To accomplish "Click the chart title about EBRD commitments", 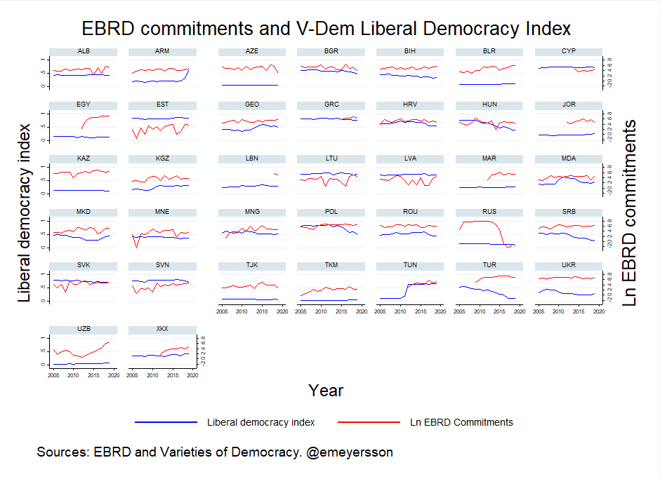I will click(326, 29).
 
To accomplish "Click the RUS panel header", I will click(490, 212).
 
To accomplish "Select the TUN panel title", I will click(411, 266).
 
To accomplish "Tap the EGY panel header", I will click(84, 104).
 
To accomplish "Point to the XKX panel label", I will click(162, 329).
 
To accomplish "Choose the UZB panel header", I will click(84, 329).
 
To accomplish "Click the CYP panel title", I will click(569, 51).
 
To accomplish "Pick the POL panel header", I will click(331, 212).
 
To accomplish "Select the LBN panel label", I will click(252, 158).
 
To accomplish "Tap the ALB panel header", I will click(84, 51).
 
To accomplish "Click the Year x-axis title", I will click(326, 391).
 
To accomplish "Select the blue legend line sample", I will click(166, 422).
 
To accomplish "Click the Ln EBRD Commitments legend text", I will click(461, 422).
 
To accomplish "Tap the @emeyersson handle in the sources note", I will click(350, 452).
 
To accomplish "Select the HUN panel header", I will click(490, 104).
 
